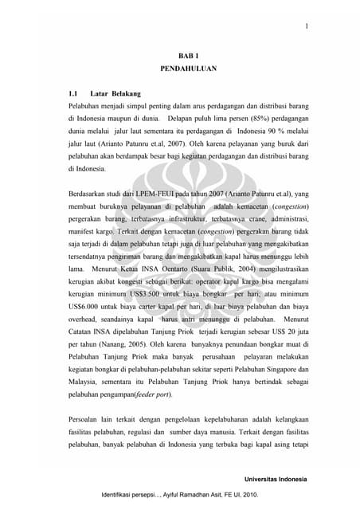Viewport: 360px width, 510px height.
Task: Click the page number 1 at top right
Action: [x=306, y=27]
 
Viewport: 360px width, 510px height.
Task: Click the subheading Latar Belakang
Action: [x=115, y=93]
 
